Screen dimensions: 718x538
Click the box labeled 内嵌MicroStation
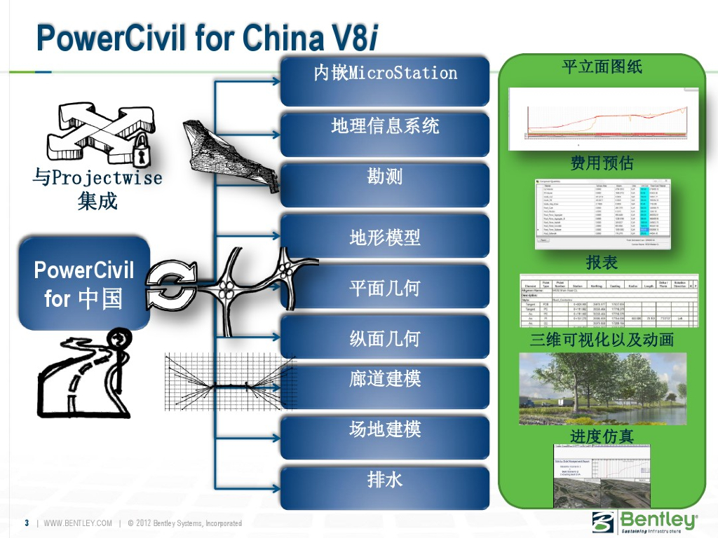pos(385,73)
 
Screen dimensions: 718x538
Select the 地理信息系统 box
pos(385,127)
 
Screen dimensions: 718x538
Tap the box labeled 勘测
pos(385,177)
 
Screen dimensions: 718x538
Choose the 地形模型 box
pos(385,238)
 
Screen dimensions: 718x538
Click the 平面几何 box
pos(385,288)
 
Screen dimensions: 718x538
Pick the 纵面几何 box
pos(385,339)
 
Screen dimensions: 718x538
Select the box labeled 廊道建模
pos(385,380)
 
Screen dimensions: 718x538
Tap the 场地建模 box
pos(385,429)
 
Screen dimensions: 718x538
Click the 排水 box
pos(385,480)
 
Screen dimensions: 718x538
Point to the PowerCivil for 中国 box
pos(84,284)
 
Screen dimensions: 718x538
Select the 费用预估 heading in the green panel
pos(602,163)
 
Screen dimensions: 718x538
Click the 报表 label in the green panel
pos(602,263)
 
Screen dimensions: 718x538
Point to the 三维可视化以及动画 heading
pos(602,340)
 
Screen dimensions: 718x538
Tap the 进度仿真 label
pos(602,437)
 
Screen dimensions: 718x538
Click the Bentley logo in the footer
pos(645,522)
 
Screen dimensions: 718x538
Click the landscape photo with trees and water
pos(602,388)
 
